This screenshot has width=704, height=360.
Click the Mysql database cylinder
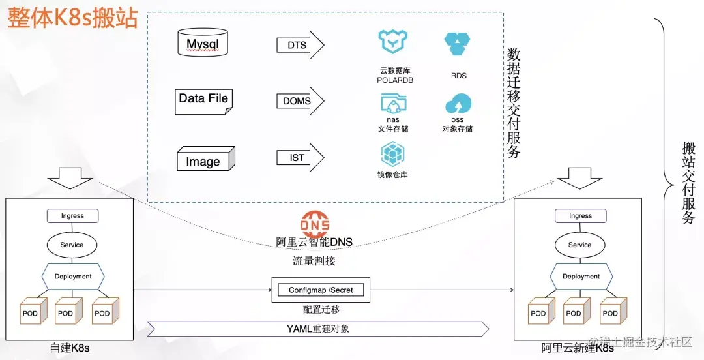click(203, 43)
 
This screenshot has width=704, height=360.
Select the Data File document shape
click(203, 100)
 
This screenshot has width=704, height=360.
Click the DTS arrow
click(300, 45)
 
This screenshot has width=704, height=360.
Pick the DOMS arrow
click(300, 101)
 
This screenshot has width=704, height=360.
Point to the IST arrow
click(300, 157)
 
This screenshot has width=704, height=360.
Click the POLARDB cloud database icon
click(394, 43)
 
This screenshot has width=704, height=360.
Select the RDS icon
click(458, 44)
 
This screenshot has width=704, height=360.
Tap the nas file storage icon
click(394, 103)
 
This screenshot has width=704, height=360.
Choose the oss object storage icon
click(458, 104)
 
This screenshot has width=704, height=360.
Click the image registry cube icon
click(393, 155)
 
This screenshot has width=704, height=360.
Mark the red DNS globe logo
click(315, 224)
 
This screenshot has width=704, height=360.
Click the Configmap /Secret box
click(321, 290)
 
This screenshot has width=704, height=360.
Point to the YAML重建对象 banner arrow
click(318, 329)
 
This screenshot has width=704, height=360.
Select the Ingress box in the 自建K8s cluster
click(72, 216)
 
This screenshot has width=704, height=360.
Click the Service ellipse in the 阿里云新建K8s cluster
click(579, 245)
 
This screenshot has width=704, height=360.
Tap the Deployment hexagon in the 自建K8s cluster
click(73, 277)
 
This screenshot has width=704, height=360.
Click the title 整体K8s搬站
click(73, 18)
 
